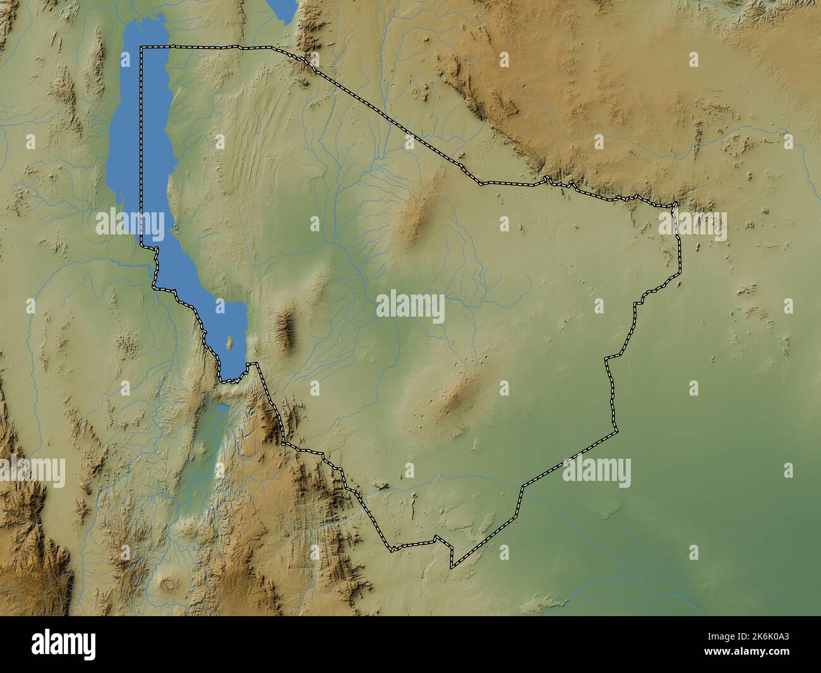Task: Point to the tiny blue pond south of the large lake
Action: [223, 409]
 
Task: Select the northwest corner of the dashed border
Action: [141, 47]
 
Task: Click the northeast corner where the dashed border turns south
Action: [676, 205]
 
